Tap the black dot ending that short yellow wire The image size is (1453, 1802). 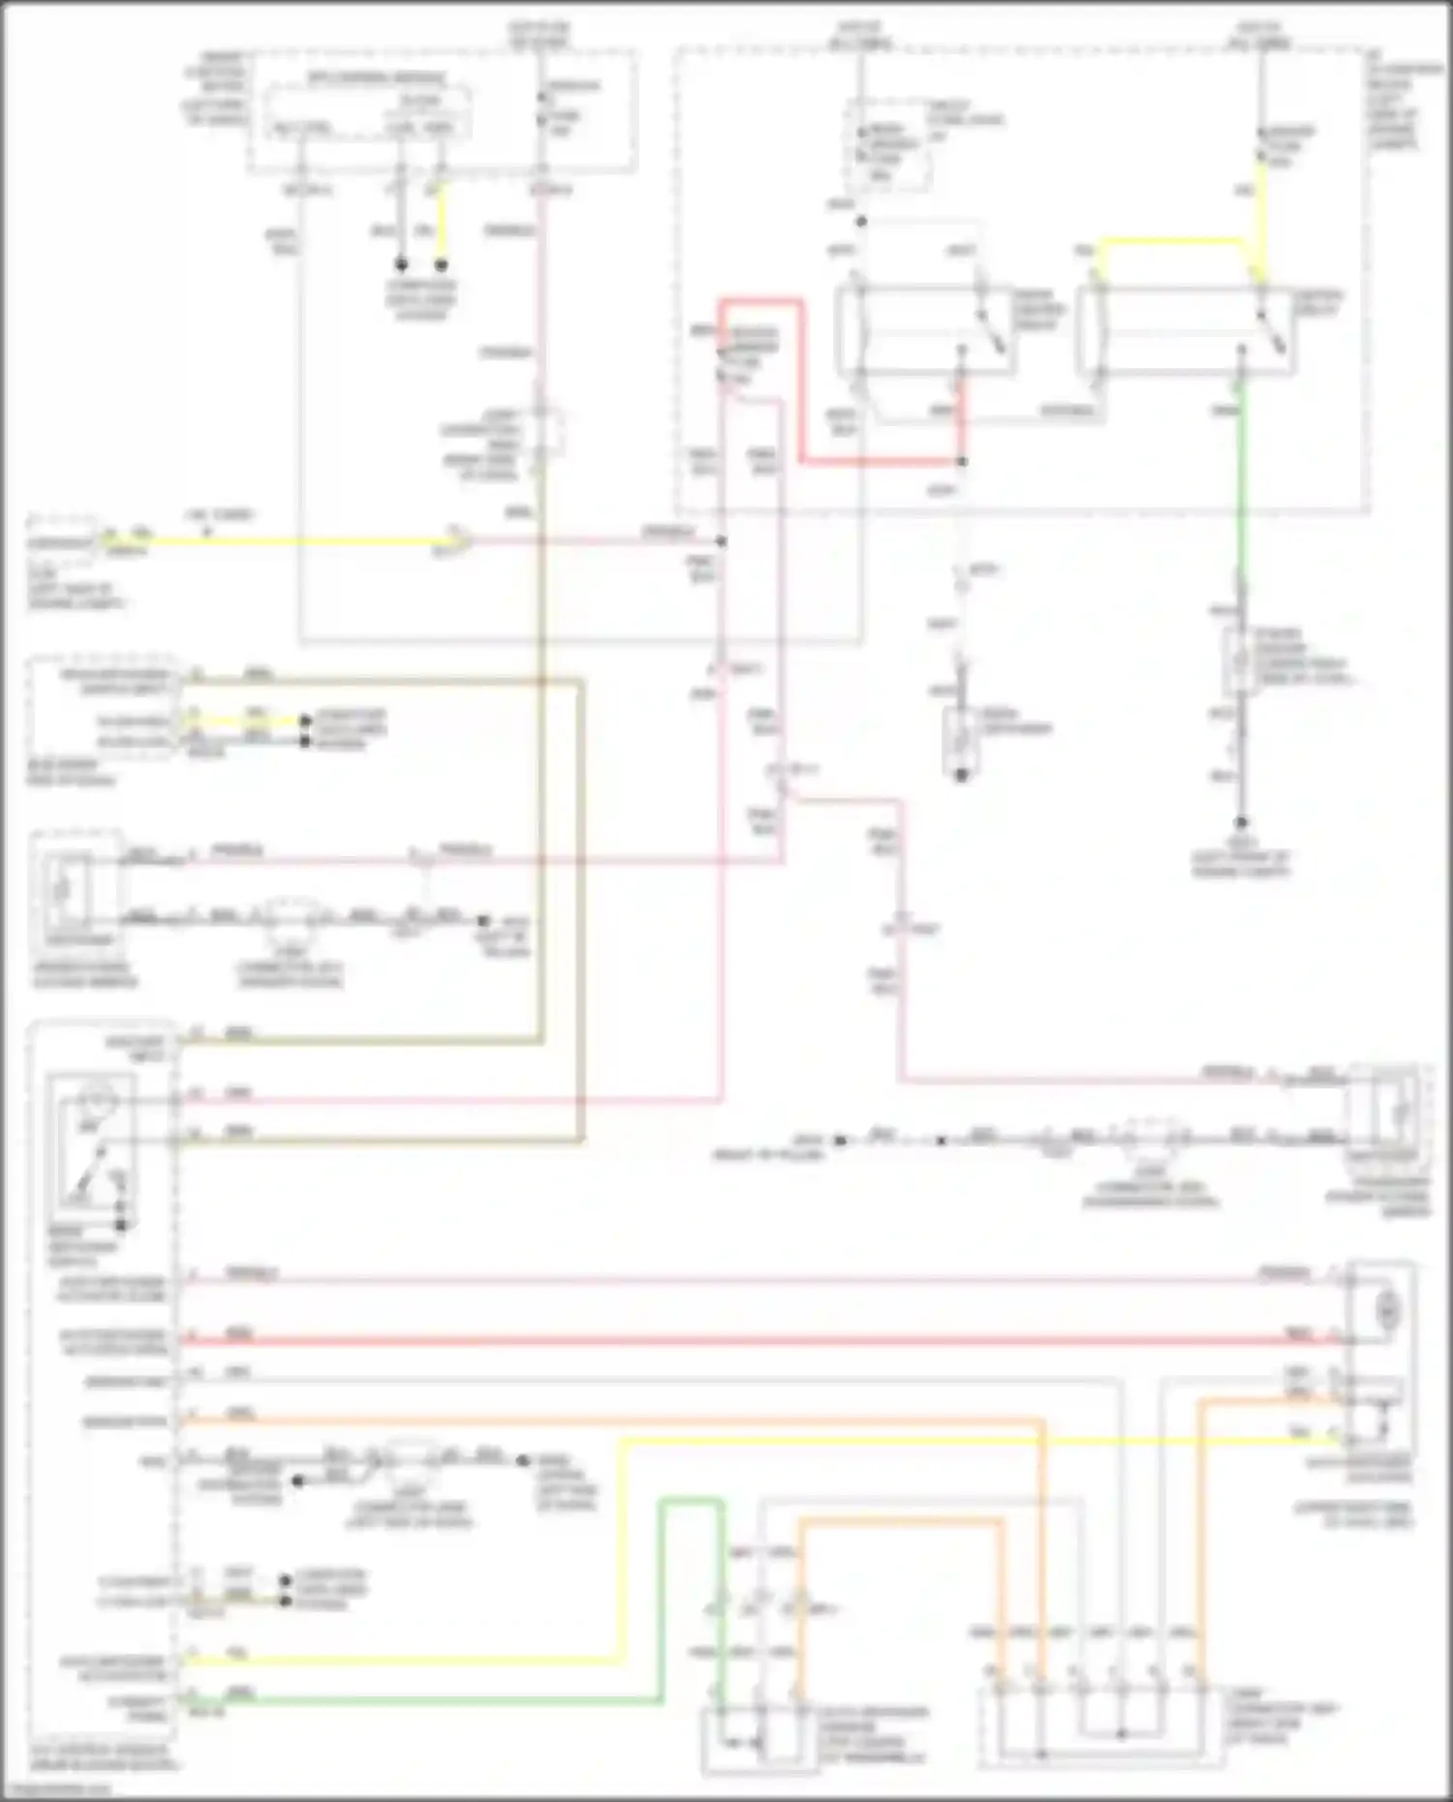coord(442,264)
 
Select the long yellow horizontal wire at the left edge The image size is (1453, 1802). coord(291,542)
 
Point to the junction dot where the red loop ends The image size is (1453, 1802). coord(962,462)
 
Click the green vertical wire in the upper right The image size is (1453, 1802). coord(1241,484)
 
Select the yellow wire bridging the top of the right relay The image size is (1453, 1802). coord(1172,241)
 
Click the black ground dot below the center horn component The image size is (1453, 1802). coord(962,776)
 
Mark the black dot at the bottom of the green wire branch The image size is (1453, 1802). coord(1241,822)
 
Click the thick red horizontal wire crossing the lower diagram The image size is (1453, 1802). coord(756,1341)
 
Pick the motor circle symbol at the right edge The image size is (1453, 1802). coord(1387,1309)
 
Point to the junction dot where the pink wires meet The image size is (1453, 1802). coord(721,541)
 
